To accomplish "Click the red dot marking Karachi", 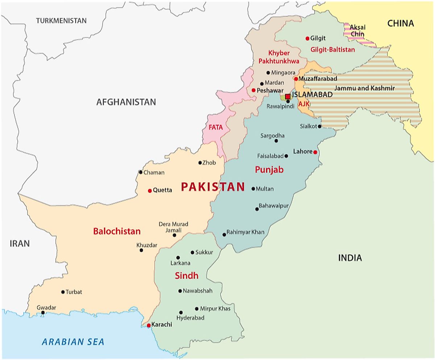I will click(x=149, y=325).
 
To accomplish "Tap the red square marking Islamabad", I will click(x=287, y=97).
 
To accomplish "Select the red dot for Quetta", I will click(x=150, y=191).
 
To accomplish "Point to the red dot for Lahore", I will click(x=315, y=152).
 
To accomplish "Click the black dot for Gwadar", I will click(x=43, y=312).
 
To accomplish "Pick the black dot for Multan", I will click(x=253, y=189).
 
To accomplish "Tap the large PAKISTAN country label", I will click(x=213, y=187).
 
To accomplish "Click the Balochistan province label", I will click(x=117, y=231).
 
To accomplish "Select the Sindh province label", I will click(x=187, y=276).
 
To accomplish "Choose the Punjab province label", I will click(x=269, y=169).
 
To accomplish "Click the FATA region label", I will click(x=216, y=127).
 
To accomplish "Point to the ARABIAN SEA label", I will click(x=73, y=341).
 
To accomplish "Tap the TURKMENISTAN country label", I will click(x=61, y=21).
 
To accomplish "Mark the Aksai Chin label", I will click(x=358, y=30).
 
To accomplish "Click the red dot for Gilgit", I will click(x=307, y=38).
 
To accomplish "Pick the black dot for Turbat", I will click(x=63, y=292).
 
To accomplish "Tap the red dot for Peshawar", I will click(x=253, y=90).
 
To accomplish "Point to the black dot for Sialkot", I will click(x=319, y=126).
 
